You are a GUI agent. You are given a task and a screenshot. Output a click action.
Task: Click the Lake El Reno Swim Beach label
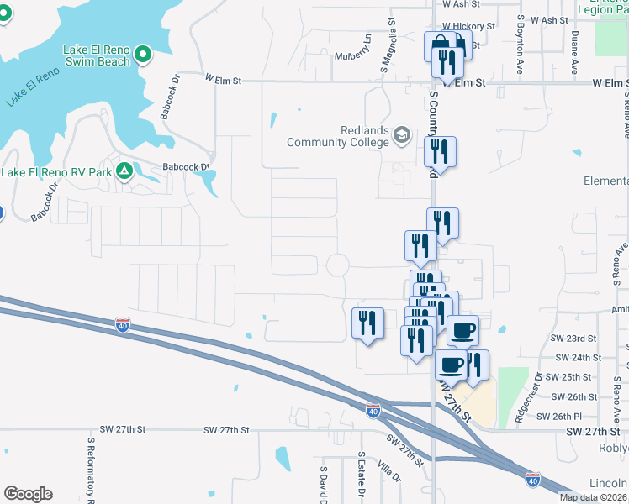97,55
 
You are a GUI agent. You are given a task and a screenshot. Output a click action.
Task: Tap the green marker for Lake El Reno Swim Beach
143,55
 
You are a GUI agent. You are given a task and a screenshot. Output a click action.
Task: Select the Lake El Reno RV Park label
56,172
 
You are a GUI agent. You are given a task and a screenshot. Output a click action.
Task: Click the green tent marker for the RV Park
124,171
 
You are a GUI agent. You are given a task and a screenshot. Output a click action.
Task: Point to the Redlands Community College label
339,136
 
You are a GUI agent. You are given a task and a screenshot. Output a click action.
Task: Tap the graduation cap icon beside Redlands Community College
402,134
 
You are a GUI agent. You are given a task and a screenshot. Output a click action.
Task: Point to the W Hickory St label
468,27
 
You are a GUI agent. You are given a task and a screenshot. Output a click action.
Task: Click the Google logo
28,494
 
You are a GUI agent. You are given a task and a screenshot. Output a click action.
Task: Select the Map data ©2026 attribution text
594,497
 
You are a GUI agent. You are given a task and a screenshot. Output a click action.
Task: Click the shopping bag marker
438,45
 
